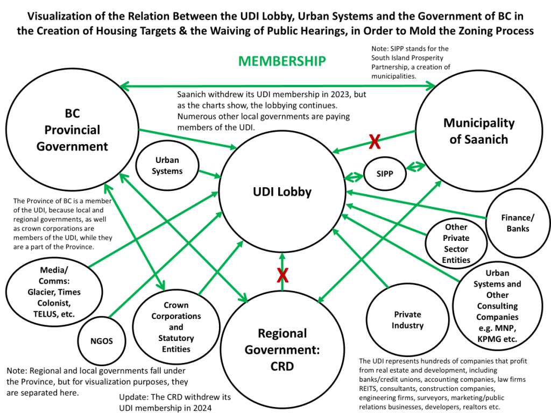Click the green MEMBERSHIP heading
(282, 61)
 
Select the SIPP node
(385, 174)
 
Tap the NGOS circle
(102, 340)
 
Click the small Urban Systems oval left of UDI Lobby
(167, 166)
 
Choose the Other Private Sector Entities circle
(456, 243)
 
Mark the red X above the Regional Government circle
(282, 276)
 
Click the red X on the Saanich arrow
(375, 142)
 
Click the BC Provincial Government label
(72, 130)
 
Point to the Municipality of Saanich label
(479, 131)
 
